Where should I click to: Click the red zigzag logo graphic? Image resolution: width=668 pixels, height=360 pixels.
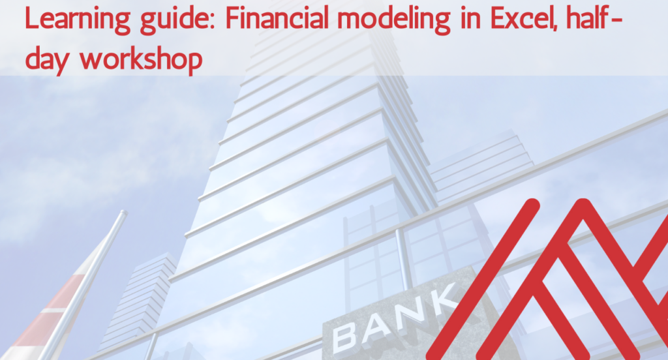(x=561, y=280)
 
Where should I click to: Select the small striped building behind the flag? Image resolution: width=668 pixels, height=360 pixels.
(x=140, y=300)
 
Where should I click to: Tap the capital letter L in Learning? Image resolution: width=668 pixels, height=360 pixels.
(x=31, y=20)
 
